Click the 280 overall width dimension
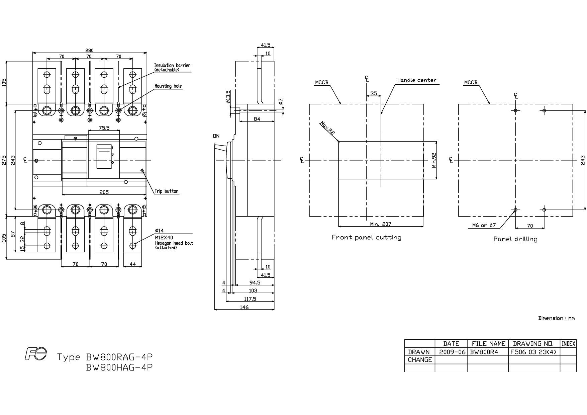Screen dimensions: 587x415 point(89,51)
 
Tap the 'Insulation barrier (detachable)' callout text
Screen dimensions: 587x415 point(172,68)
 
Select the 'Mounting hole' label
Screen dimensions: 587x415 point(168,86)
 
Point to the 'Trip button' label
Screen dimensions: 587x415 point(167,191)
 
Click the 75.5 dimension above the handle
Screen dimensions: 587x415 point(104,128)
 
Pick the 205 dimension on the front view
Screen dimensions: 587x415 point(104,192)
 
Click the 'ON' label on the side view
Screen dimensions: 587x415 point(216,136)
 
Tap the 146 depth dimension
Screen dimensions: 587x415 point(244,307)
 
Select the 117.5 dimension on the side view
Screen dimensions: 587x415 point(250,299)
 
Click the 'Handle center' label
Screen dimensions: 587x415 point(417,80)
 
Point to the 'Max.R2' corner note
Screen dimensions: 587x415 point(327,128)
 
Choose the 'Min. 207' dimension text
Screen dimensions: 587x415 point(381,224)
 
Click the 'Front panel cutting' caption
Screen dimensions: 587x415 point(366,237)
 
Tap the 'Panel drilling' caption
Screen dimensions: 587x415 point(515,239)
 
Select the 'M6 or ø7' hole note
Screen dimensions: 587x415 point(484,225)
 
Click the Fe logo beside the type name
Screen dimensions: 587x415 point(36,354)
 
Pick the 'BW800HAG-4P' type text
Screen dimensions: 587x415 point(119,367)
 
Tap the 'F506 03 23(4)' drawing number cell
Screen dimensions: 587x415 point(534,352)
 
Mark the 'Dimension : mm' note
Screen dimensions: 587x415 point(557,318)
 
